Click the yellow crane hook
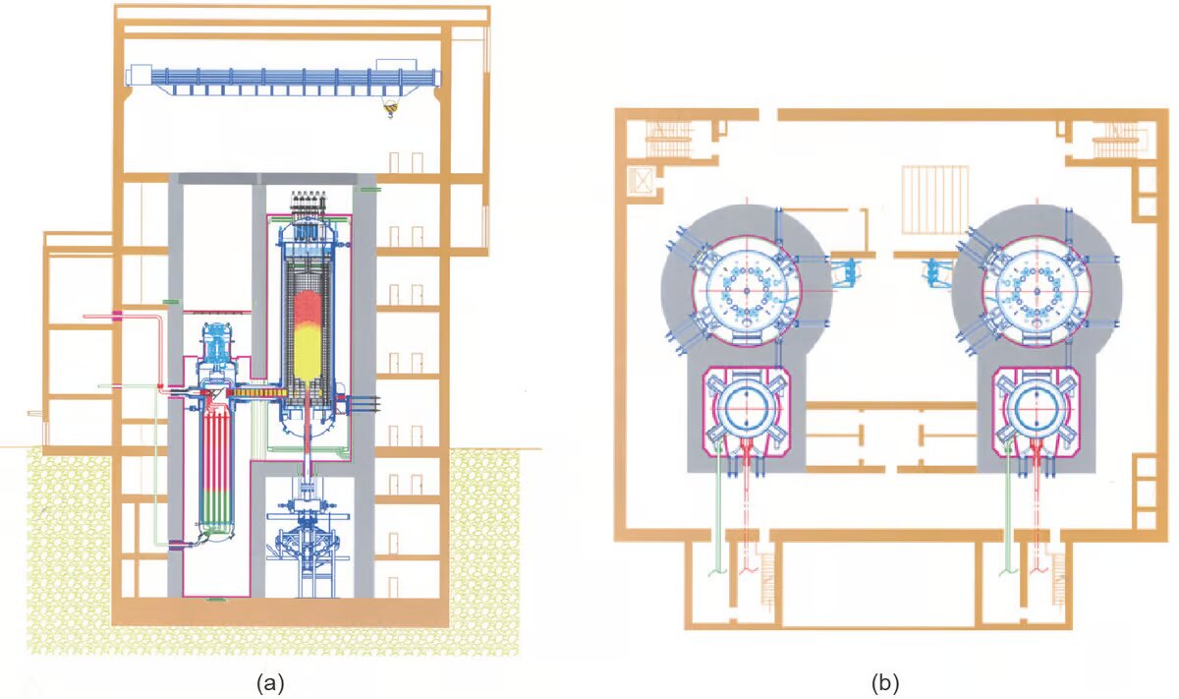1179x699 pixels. click(389, 109)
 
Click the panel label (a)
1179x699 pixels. click(270, 682)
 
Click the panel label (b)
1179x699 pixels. click(885, 682)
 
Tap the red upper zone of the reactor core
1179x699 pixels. click(308, 310)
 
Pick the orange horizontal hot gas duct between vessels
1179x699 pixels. click(257, 393)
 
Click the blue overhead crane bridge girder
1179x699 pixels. click(295, 78)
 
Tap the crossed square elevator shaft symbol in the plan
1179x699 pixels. click(643, 181)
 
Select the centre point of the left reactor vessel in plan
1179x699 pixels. click(747, 291)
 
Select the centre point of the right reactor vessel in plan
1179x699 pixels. click(1038, 291)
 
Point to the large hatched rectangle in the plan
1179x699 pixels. click(935, 200)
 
